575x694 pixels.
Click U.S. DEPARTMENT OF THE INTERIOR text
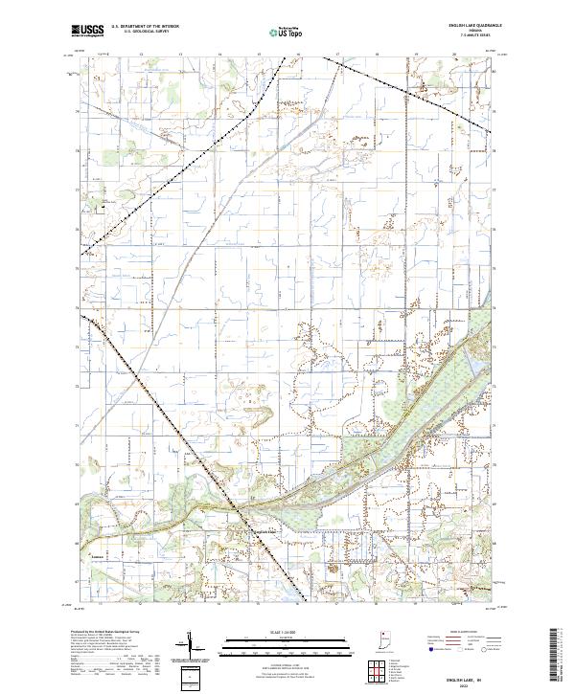coord(143,28)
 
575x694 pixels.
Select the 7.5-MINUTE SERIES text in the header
coord(466,35)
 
